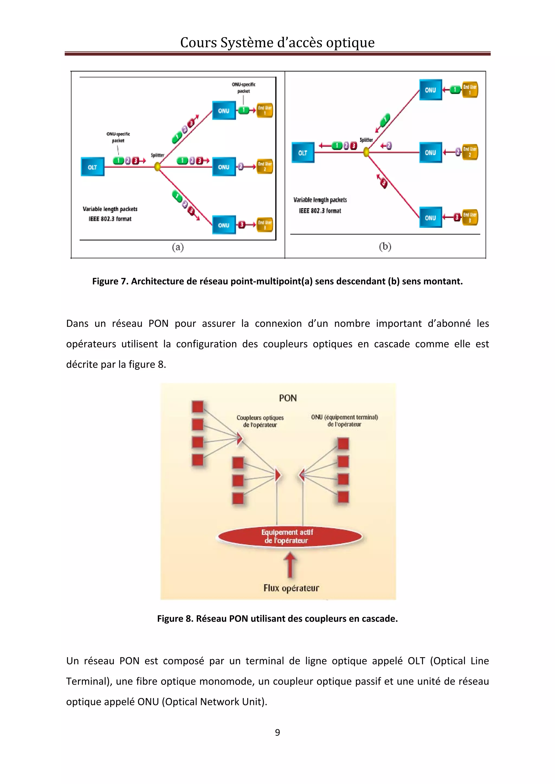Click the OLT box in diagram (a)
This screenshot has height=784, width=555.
pos(92,167)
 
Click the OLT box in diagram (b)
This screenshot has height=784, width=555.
pos(303,153)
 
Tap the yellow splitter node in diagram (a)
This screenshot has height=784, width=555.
pos(157,167)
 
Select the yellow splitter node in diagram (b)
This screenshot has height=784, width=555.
pos(366,152)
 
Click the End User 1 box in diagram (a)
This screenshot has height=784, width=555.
pos(265,110)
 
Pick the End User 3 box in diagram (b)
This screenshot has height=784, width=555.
pos(470,217)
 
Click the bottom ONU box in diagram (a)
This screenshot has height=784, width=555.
pos(224,225)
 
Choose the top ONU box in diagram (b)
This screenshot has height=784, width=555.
pos(431,90)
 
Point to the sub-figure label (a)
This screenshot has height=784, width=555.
pos(178,247)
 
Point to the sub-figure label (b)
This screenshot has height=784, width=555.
pos(385,246)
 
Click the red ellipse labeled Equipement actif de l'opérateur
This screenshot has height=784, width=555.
pos(290,536)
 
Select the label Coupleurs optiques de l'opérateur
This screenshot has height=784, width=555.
pos(260,421)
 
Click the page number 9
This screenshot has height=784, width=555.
pos(277,732)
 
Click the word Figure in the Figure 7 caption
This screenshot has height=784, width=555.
pos(105,281)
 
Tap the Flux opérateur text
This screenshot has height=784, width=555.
pos(291,588)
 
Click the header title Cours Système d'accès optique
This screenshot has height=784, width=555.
pos(277,43)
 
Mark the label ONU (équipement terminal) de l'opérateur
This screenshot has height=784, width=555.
pos(344,420)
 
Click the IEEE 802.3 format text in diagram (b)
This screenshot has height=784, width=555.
pos(320,211)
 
